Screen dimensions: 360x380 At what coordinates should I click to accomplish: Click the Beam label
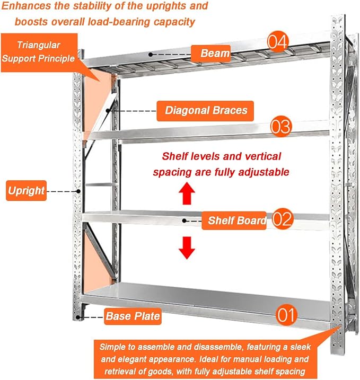click(210, 53)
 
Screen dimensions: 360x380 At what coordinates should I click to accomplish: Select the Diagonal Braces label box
click(205, 111)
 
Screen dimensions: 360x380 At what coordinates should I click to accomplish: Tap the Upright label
click(26, 190)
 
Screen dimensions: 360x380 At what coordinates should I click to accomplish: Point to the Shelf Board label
click(234, 220)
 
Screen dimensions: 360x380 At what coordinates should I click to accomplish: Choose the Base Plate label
click(133, 316)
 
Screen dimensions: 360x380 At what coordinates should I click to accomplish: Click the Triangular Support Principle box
click(39, 52)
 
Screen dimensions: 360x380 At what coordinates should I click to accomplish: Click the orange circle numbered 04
click(278, 41)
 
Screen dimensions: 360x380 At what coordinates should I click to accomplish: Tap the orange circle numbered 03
click(280, 126)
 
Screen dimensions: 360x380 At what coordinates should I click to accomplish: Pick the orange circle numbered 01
click(286, 315)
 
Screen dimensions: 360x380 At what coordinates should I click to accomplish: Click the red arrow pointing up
click(187, 193)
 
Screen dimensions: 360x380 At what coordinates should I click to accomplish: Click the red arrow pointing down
click(187, 248)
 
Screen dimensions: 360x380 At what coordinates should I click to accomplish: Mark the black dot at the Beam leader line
click(151, 55)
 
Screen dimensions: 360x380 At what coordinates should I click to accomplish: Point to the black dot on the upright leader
click(78, 191)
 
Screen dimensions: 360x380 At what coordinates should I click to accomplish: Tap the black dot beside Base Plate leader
click(78, 317)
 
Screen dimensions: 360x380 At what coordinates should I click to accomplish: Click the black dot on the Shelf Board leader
click(185, 221)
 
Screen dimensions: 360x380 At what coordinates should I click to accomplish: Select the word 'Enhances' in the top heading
click(27, 6)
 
